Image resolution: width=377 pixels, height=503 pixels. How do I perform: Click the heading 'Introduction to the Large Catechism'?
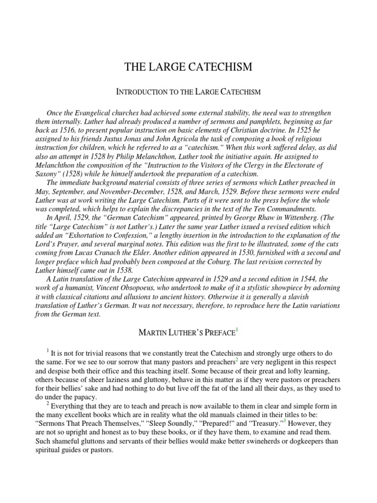coord(188,91)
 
